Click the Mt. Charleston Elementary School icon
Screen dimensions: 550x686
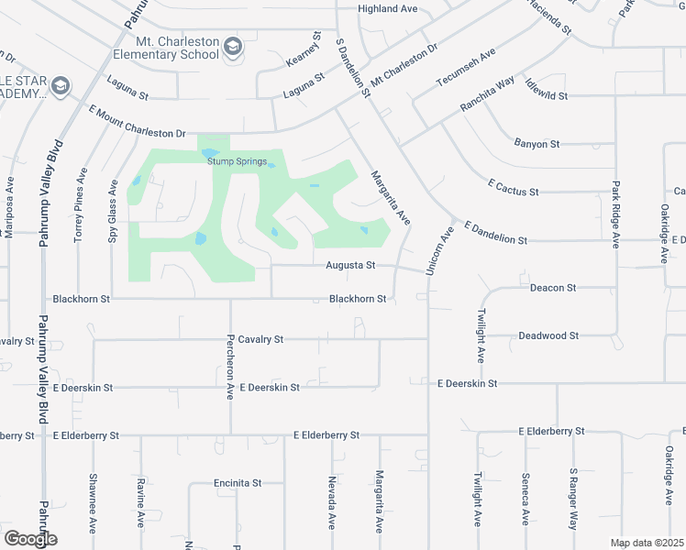coord(233,47)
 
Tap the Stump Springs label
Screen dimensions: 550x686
coord(237,162)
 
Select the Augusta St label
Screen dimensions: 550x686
coord(351,266)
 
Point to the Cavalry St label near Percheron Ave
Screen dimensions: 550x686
coord(261,339)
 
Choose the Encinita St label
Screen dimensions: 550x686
coord(238,483)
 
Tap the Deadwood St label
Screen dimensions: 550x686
coord(548,335)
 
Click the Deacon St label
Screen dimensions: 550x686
coord(553,288)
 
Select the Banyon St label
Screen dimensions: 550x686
coord(537,144)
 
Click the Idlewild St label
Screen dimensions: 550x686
coord(544,95)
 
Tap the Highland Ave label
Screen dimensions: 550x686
coord(388,9)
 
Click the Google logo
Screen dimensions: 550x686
coord(29,539)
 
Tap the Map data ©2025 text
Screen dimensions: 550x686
coord(647,543)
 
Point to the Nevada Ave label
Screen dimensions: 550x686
coord(331,502)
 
